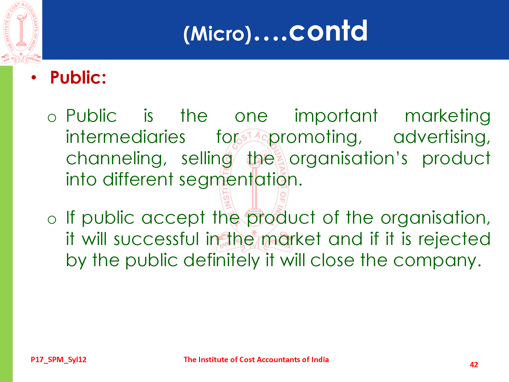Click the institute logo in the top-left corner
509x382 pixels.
(x=21, y=33)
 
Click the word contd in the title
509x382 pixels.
(x=328, y=31)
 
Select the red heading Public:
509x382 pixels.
(x=78, y=77)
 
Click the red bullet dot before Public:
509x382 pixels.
(x=34, y=77)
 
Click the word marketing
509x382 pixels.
(x=448, y=117)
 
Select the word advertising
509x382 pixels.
(x=442, y=138)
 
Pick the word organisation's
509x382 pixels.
(x=348, y=159)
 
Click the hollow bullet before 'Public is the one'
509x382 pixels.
(x=52, y=118)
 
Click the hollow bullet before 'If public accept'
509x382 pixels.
(x=52, y=220)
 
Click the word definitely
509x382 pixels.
(x=222, y=261)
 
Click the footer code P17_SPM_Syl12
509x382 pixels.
(x=59, y=360)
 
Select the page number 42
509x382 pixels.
(x=474, y=365)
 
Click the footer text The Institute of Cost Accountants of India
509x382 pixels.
(x=256, y=360)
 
